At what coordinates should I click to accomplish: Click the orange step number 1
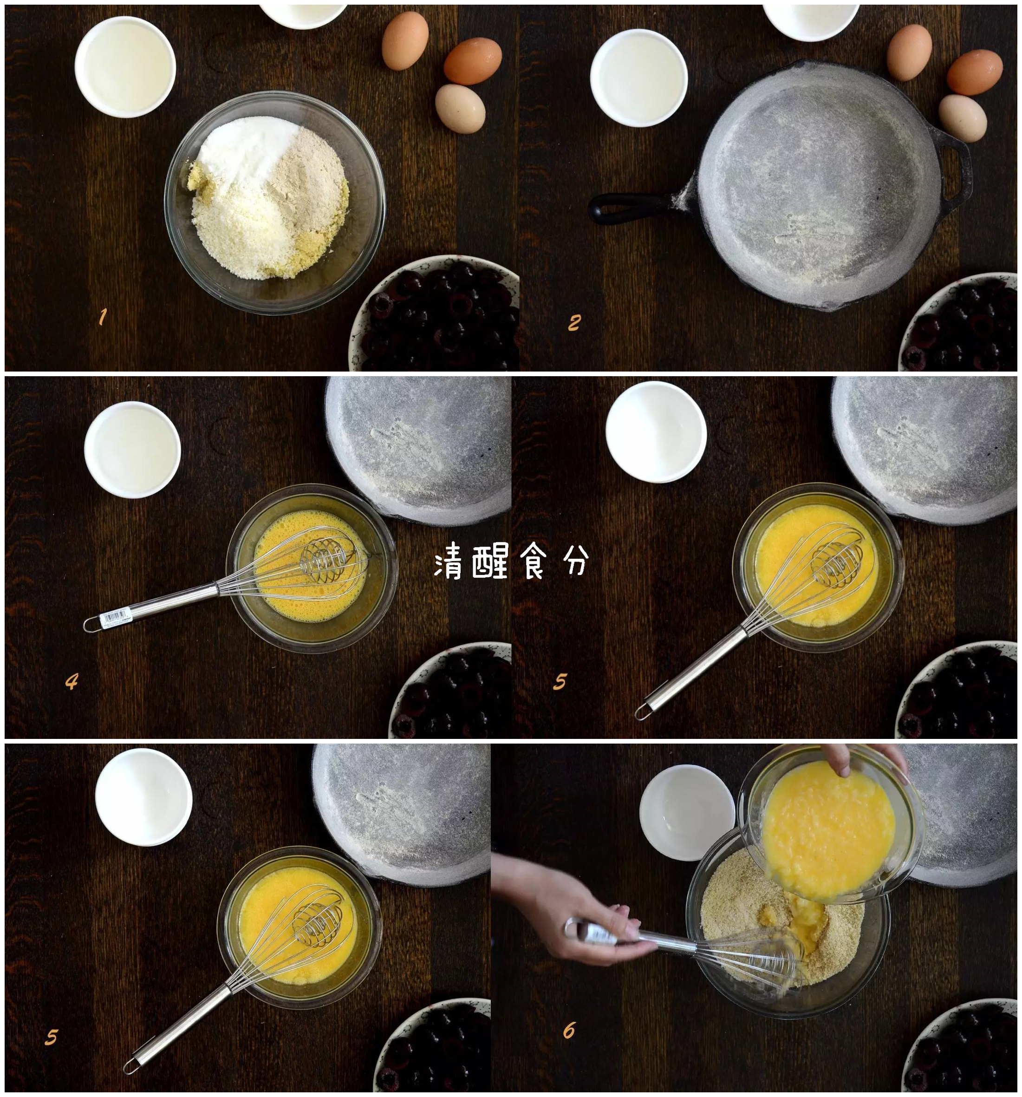(102, 317)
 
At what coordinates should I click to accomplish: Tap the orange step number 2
(574, 323)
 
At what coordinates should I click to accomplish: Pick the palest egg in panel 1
(460, 109)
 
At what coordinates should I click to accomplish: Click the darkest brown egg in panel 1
(472, 61)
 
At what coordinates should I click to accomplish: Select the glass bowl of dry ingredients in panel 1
(274, 202)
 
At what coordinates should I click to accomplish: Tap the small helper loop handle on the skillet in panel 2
(957, 165)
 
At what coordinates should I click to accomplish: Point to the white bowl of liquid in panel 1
(125, 67)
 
